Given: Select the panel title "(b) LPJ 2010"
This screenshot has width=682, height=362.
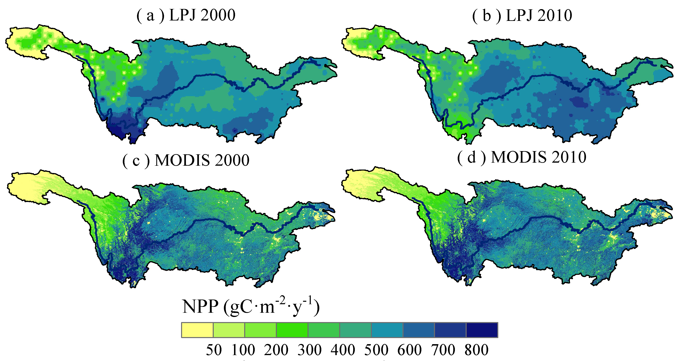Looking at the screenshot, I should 522,16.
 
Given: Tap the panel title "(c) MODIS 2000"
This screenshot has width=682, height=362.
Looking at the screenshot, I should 186,160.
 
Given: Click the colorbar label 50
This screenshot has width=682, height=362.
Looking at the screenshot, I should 214,350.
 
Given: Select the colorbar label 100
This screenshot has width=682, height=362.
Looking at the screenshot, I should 243,350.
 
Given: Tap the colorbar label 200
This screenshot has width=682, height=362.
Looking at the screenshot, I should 276,350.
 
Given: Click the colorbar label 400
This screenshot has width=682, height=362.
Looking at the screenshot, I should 343,350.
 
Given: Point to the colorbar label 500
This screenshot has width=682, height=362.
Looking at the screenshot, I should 376,350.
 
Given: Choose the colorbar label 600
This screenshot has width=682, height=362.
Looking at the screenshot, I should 410,350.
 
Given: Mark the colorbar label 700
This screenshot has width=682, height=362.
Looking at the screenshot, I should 443,350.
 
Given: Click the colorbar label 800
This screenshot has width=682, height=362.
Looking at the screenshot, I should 477,350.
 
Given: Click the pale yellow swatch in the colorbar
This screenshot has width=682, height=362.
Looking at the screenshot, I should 197,330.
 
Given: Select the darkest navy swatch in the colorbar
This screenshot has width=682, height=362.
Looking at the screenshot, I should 482,330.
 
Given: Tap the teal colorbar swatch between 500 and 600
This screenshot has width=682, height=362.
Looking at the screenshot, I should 387,330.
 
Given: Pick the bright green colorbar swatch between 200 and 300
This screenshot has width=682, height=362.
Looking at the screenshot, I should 292,330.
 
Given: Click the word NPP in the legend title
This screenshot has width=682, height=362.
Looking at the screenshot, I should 200,307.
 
